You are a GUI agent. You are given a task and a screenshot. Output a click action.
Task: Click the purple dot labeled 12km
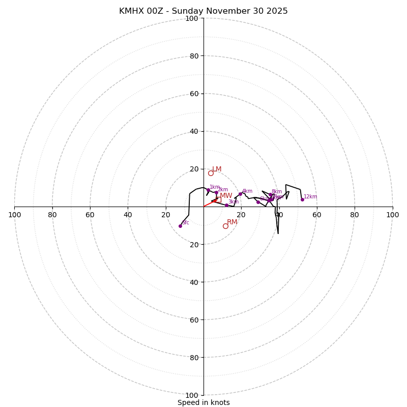pyautogui.click(x=302, y=199)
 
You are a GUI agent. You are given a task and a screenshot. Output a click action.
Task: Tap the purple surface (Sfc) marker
pyautogui.click(x=180, y=226)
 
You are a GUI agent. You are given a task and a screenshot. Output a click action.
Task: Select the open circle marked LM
pyautogui.click(x=211, y=173)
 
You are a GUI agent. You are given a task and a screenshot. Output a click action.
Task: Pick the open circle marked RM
pyautogui.click(x=225, y=226)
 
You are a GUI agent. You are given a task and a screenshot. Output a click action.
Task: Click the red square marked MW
pyautogui.click(x=219, y=199)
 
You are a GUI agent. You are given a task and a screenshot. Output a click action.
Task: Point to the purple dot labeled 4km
pyautogui.click(x=240, y=194)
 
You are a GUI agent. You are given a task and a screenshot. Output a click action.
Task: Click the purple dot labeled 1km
pyautogui.click(x=208, y=190)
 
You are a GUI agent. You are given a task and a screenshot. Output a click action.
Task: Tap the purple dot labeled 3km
pyautogui.click(x=226, y=205)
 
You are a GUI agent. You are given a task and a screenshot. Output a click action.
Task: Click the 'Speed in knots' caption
pyautogui.click(x=203, y=402)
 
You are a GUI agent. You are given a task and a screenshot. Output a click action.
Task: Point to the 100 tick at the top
pyautogui.click(x=192, y=18)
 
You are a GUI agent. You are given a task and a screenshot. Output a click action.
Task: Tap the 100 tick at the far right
pyautogui.click(x=392, y=215)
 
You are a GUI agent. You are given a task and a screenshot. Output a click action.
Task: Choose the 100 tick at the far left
pyautogui.click(x=15, y=215)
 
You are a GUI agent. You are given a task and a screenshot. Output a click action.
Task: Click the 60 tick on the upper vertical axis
pyautogui.click(x=194, y=94)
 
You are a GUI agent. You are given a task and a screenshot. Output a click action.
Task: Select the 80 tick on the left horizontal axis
pyautogui.click(x=52, y=215)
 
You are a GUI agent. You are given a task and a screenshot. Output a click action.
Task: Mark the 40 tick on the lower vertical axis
pyautogui.click(x=194, y=282)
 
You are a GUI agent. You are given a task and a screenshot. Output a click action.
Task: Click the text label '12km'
pyautogui.click(x=310, y=197)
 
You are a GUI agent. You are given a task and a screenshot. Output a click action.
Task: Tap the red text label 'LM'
pyautogui.click(x=217, y=169)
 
